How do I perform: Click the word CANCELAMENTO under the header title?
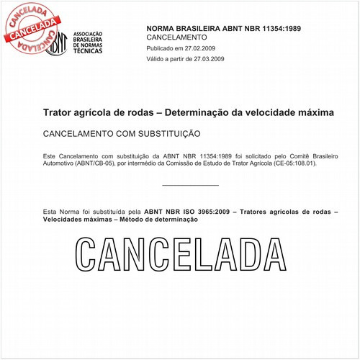coord(176,37)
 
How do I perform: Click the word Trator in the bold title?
coord(60,113)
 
